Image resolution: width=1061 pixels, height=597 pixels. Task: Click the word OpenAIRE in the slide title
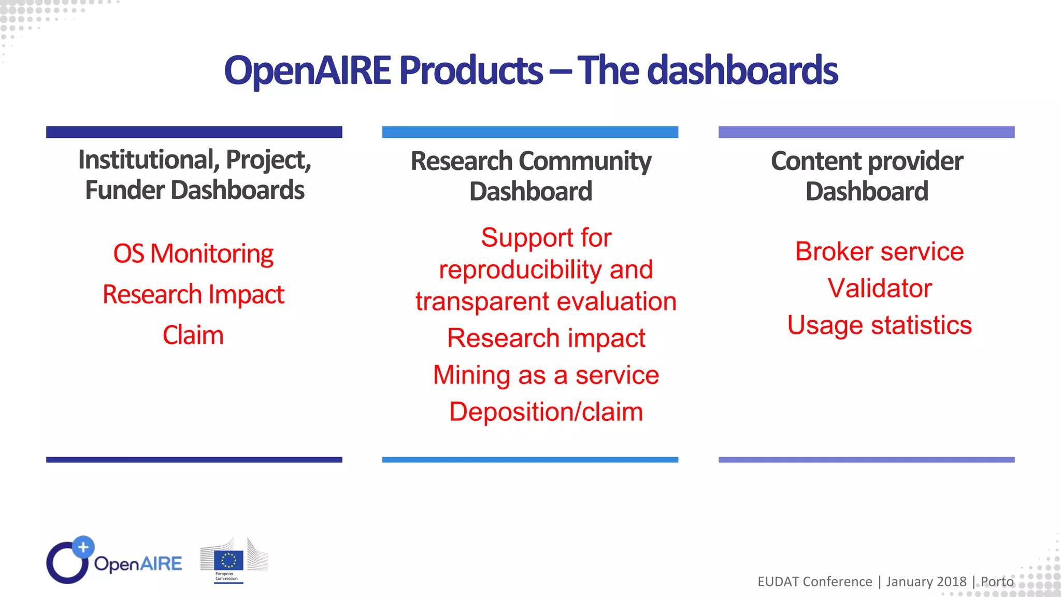pyautogui.click(x=308, y=70)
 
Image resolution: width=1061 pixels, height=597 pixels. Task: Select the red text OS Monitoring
pyautogui.click(x=193, y=254)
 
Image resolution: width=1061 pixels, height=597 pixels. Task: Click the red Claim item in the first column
pyautogui.click(x=193, y=335)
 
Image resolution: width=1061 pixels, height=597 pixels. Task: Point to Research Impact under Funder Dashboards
pyautogui.click(x=193, y=294)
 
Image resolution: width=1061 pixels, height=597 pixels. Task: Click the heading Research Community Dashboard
pyautogui.click(x=530, y=175)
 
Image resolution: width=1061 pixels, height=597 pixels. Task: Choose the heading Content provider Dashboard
pyautogui.click(x=867, y=175)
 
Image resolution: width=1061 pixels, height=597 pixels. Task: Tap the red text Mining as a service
pyautogui.click(x=546, y=375)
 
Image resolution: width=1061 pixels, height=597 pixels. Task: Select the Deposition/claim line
pyautogui.click(x=546, y=412)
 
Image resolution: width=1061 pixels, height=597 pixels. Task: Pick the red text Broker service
pyautogui.click(x=879, y=252)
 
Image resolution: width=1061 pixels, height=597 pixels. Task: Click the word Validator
pyautogui.click(x=879, y=288)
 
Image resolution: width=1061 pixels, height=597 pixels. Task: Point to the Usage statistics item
pyautogui.click(x=879, y=325)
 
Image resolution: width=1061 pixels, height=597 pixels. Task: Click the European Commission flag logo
pyautogui.click(x=228, y=561)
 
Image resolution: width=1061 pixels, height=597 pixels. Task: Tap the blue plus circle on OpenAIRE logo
pyautogui.click(x=83, y=547)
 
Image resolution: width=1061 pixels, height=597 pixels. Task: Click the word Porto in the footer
pyautogui.click(x=997, y=582)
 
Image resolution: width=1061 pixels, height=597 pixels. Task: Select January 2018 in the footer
pyautogui.click(x=926, y=582)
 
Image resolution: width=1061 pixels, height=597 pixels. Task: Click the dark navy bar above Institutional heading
pyautogui.click(x=194, y=132)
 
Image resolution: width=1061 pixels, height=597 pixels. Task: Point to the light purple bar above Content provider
pyautogui.click(x=866, y=132)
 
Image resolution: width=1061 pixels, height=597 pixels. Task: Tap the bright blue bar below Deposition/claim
pyautogui.click(x=530, y=460)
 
